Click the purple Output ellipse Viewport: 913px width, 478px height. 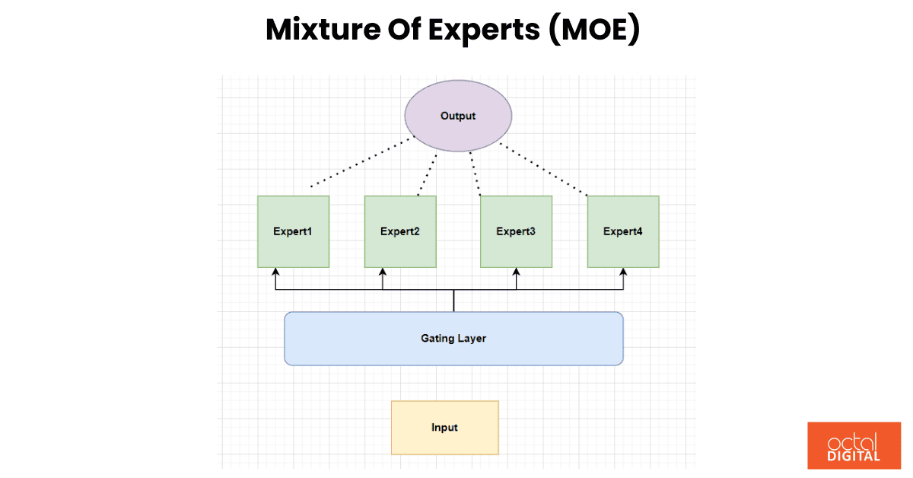tap(458, 116)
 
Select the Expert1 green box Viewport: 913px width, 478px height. tap(293, 231)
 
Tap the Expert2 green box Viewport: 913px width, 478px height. tap(400, 231)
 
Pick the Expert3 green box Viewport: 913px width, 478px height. tap(516, 231)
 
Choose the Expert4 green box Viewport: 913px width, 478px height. tap(623, 231)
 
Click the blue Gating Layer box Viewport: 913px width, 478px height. tap(453, 338)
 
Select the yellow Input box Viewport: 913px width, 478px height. tap(444, 428)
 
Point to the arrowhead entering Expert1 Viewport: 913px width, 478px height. tap(275, 272)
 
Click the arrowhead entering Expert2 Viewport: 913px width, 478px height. tap(383, 272)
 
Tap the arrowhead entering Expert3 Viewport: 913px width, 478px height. tap(517, 272)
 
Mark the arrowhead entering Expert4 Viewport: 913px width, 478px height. tap(624, 272)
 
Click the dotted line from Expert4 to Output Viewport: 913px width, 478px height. tap(543, 168)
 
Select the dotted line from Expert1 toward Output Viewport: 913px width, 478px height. tap(362, 163)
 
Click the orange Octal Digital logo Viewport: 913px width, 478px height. tap(854, 445)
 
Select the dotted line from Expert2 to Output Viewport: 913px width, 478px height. tap(428, 174)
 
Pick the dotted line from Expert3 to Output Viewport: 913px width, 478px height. tap(476, 174)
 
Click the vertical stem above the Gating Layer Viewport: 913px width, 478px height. tap(453, 301)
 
